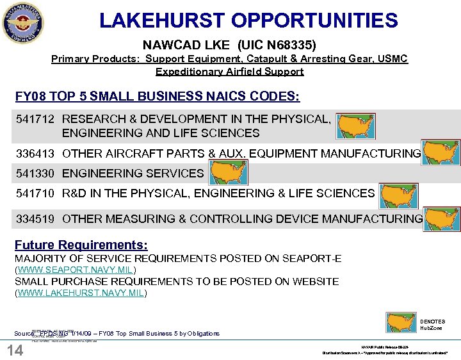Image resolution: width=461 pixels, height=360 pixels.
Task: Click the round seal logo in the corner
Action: pos(23,22)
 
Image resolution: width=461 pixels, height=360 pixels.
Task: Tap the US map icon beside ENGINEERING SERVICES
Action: pos(228,173)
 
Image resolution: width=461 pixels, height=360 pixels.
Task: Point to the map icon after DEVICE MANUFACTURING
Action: pos(442,218)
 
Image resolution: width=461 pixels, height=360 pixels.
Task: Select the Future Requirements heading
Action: pos(81,245)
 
